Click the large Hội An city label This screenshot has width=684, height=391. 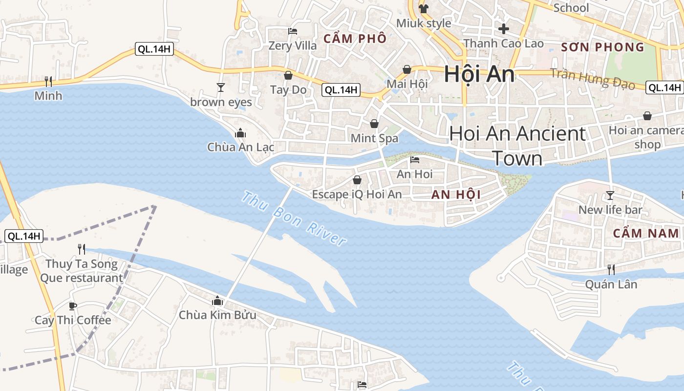[479, 75]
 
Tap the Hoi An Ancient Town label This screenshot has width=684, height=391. [517, 146]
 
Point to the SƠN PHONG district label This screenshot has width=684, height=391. [602, 47]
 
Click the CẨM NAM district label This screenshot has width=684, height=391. [646, 233]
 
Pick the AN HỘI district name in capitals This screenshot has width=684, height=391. [456, 195]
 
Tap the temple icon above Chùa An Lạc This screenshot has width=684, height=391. [240, 133]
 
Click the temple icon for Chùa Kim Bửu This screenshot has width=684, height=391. [217, 301]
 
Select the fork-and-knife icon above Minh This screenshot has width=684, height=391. [48, 81]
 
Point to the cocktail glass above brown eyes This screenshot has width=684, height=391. [221, 87]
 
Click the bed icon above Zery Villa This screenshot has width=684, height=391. [293, 31]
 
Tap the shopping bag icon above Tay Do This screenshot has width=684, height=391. [288, 75]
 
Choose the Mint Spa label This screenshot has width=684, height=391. [374, 138]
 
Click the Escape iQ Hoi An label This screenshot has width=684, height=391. [357, 195]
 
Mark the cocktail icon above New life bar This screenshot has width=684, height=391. [610, 195]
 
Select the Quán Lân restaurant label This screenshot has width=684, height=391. [611, 284]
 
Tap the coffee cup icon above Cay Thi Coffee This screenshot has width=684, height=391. [73, 306]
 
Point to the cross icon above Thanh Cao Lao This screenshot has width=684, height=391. [504, 29]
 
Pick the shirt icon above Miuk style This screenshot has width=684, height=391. [423, 9]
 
